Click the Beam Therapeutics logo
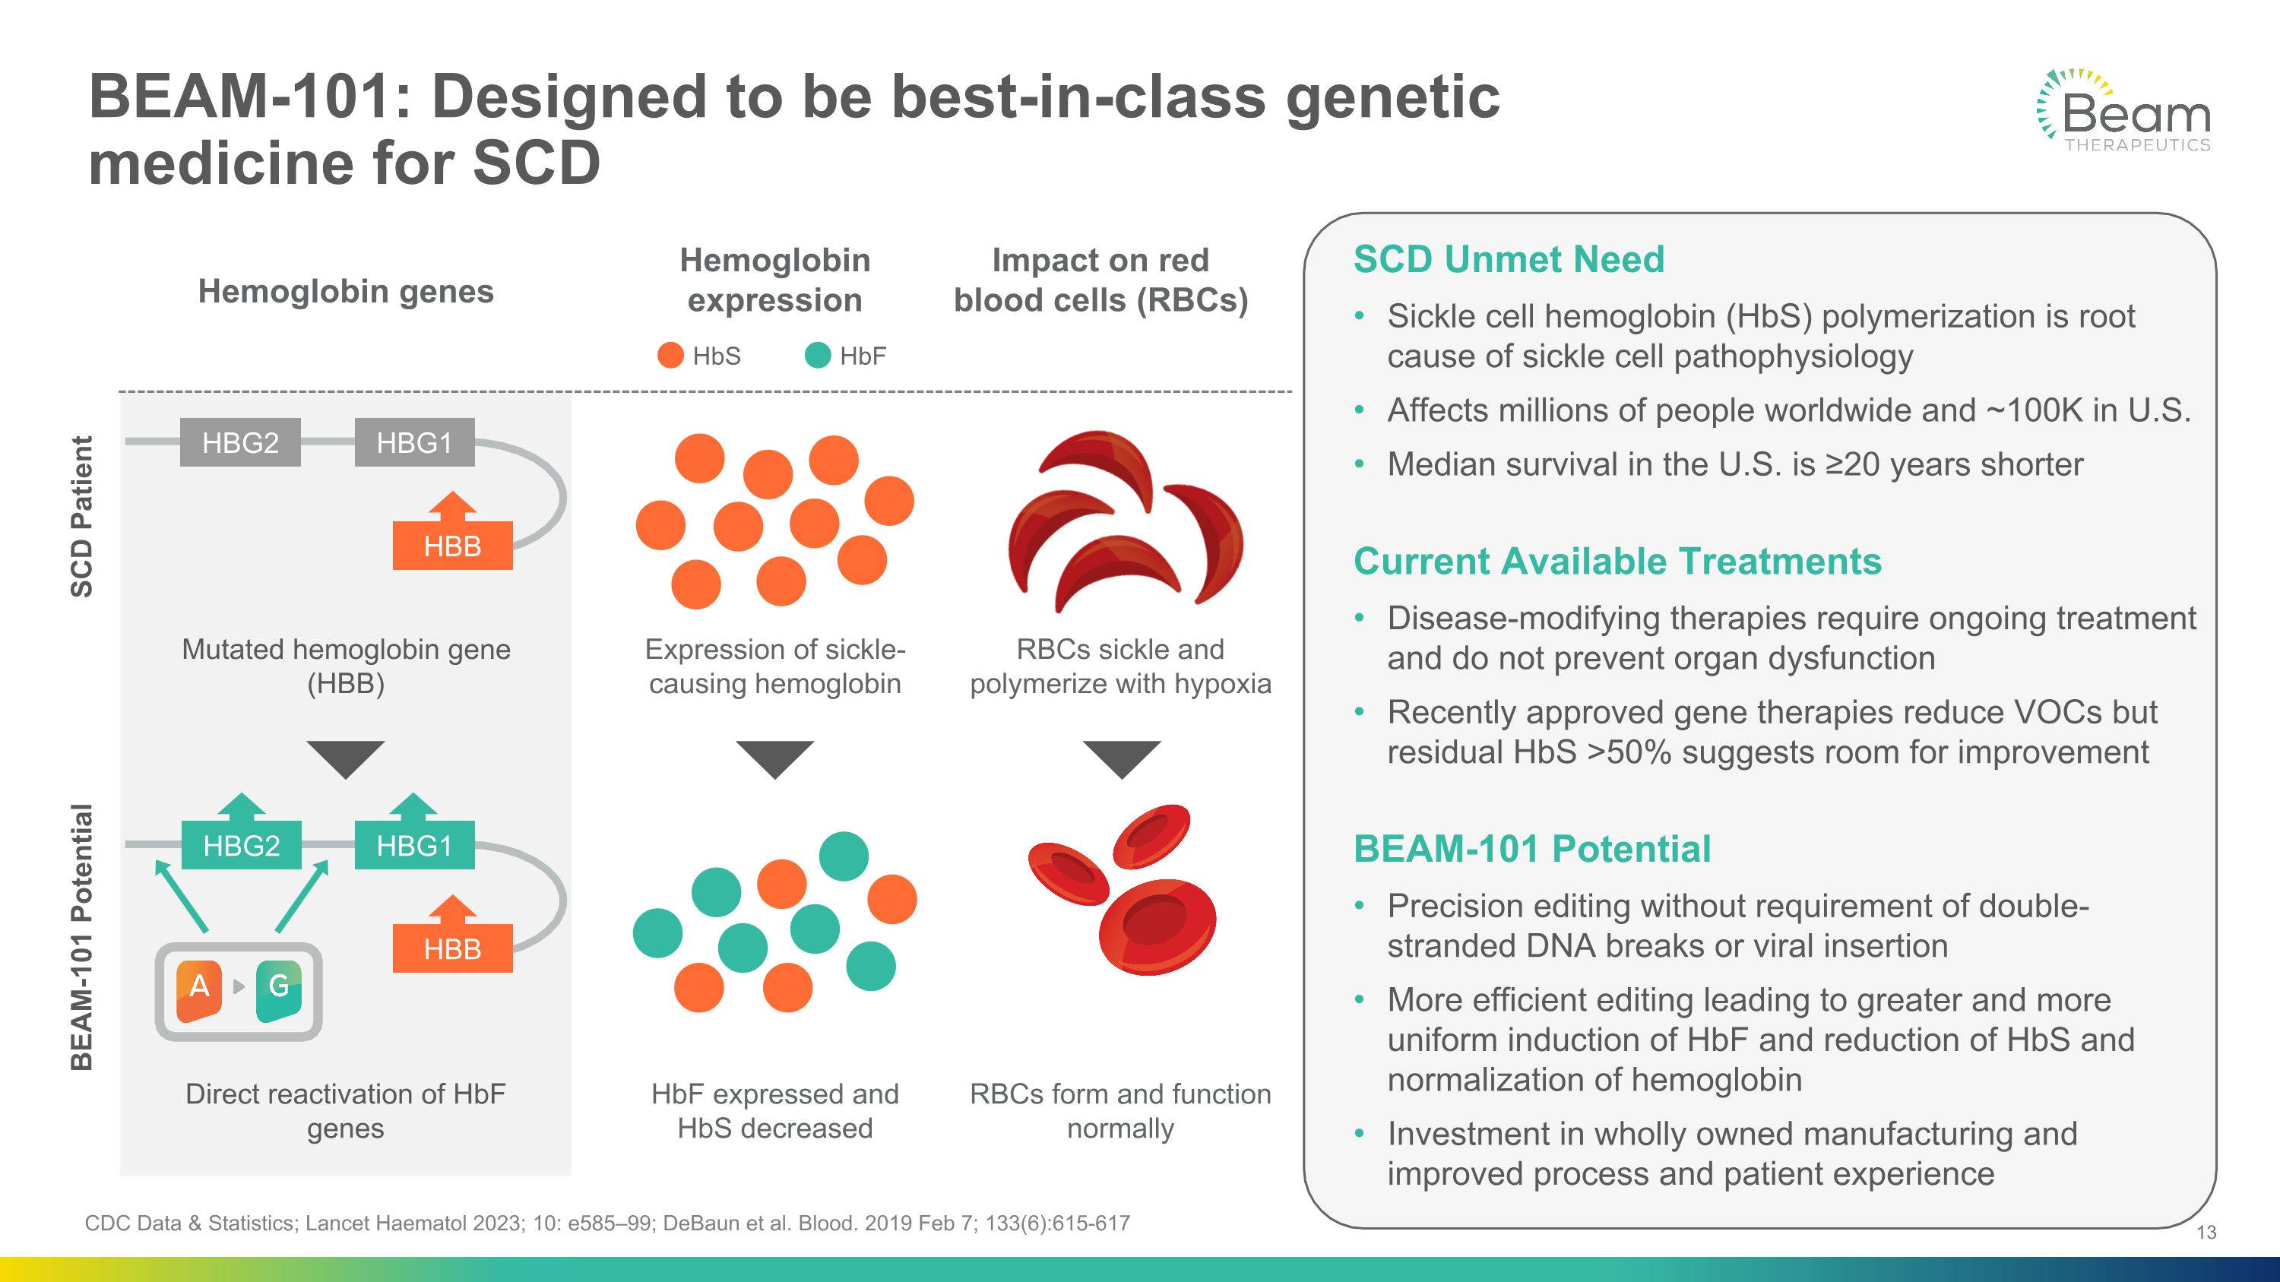pos(2124,112)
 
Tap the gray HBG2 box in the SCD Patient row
pos(240,442)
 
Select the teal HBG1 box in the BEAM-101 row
pos(414,846)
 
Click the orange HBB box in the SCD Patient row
pos(452,546)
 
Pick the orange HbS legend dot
pos(671,356)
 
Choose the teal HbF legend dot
pos(818,356)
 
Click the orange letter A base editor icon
pos(200,986)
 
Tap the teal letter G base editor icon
pos(279,986)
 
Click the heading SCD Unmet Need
pos(1508,260)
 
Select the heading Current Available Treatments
pos(1617,562)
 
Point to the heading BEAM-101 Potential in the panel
pos(1531,850)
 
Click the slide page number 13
pos(2206,1233)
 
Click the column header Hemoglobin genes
pos(345,291)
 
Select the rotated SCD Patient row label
pos(81,517)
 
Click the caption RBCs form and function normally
pos(1119,1110)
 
